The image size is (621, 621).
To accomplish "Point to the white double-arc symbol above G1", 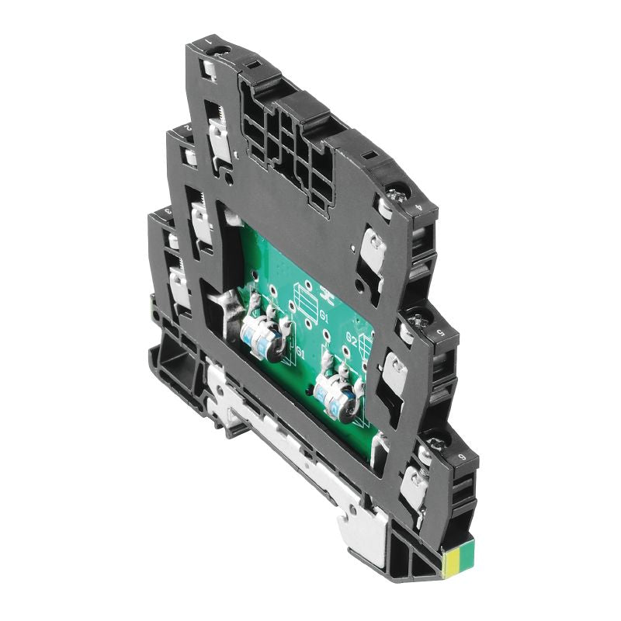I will point(306,295).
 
